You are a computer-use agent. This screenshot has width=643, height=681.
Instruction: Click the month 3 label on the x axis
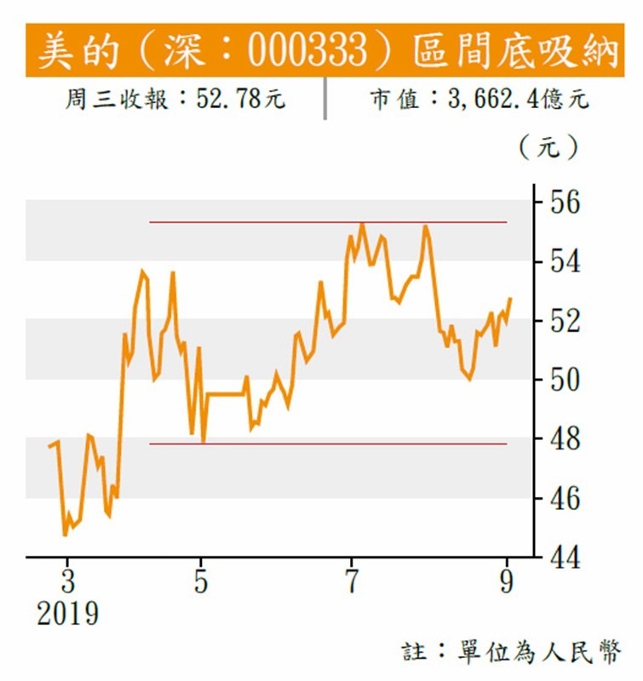[68, 585]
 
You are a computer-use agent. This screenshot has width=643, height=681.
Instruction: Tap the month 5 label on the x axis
[201, 585]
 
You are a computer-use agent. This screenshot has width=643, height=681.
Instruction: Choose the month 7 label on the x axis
[351, 585]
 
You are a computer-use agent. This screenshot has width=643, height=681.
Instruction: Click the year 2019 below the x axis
[67, 614]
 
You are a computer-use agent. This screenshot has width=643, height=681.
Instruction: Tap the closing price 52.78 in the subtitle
[229, 100]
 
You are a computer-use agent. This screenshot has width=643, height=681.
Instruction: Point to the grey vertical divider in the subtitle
[324, 100]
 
